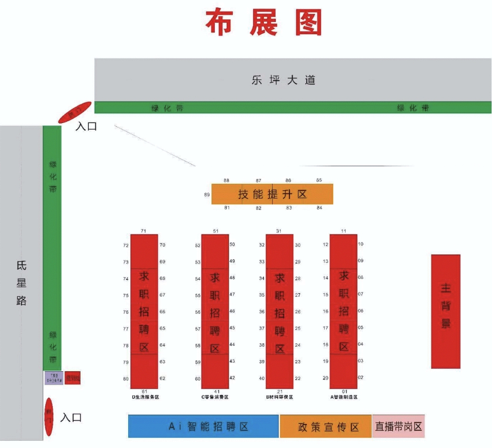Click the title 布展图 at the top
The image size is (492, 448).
coord(263,23)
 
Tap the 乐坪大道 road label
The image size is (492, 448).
coord(283,80)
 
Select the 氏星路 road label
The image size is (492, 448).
coord(21,283)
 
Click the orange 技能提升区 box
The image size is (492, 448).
coord(272,194)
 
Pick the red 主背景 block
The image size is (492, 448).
coord(445,311)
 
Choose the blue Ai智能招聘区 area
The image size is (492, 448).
coord(204,426)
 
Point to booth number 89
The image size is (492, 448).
coord(207,195)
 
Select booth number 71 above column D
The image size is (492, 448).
coord(144,230)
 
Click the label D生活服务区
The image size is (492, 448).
coord(145,397)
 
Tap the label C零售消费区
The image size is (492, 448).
coord(215,397)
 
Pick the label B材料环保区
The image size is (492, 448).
coord(279,397)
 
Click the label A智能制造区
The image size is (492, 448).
coord(344,397)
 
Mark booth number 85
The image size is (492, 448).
coord(319,180)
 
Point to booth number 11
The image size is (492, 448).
coord(343,230)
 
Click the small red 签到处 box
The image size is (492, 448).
coord(73,378)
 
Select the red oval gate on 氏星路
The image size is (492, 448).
coord(49,417)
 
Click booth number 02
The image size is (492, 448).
coord(361,378)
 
